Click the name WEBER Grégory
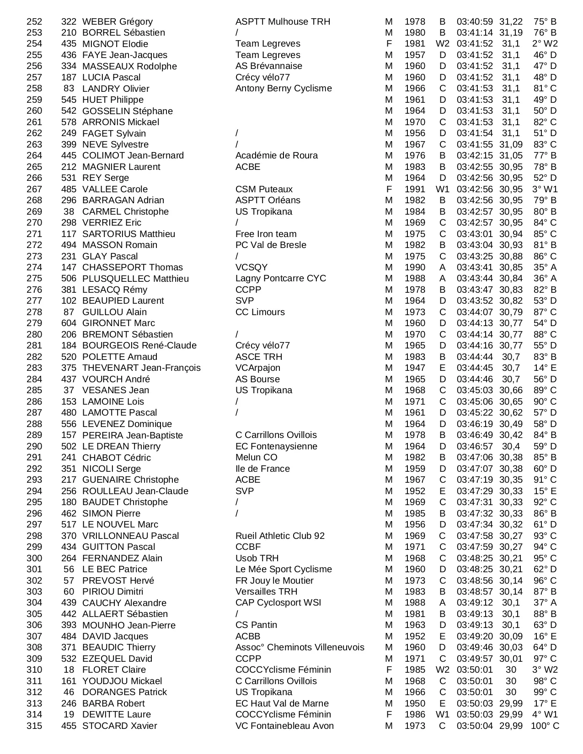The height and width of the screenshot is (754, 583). pos(118,21)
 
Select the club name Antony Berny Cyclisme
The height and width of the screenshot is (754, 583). pos(283,89)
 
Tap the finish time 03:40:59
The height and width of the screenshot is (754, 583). pos(475,21)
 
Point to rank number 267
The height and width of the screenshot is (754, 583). pos(34,189)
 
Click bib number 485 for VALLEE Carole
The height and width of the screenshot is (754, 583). pos(69,189)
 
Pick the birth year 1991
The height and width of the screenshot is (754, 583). pos(415,189)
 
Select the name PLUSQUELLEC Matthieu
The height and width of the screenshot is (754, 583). pos(135,279)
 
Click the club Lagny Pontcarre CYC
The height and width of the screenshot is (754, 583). pos(281,279)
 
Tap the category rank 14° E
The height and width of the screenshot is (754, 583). pos(545,368)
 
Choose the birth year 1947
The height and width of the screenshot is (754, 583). pos(415,368)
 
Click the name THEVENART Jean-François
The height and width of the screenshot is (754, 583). pos(141,368)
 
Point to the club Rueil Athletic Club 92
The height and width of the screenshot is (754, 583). pos(280,536)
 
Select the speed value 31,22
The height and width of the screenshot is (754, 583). pos(511,21)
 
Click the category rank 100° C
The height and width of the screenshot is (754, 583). pos(545,726)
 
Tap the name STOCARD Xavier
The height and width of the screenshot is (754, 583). pos(120,726)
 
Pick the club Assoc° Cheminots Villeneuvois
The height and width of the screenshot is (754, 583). pos(300,648)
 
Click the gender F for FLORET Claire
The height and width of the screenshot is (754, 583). pos(389,670)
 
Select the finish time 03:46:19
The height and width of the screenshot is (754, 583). pos(475,424)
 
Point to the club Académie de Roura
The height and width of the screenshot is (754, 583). pos(277,156)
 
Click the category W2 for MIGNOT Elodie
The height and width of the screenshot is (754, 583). pos(443,44)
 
